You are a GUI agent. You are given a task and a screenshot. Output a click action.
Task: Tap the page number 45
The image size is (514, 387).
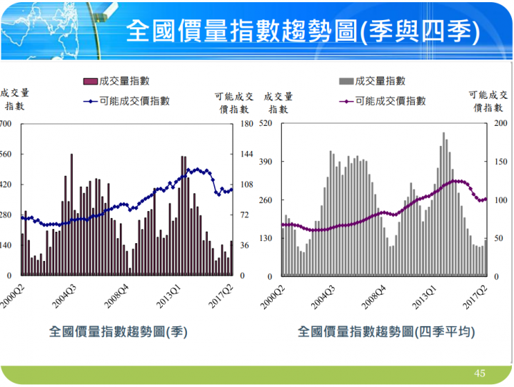[480, 373]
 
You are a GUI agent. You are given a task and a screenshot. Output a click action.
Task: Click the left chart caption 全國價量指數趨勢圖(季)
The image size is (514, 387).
[118, 332]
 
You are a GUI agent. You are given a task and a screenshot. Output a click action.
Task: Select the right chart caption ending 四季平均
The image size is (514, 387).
[386, 332]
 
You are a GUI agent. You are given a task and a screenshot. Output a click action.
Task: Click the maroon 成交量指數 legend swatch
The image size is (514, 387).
[90, 81]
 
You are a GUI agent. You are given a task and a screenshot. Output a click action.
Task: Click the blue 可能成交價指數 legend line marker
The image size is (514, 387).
[90, 101]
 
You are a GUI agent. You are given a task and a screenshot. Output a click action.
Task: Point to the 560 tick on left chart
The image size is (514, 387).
[6, 155]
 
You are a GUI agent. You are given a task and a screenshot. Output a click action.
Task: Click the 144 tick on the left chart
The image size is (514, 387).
[247, 155]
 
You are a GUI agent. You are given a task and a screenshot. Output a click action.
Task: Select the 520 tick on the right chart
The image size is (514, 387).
[267, 124]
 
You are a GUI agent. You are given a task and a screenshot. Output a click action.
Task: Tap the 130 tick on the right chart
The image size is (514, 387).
[267, 237]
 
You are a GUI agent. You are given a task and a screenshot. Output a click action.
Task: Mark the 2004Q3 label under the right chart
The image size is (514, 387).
[323, 294]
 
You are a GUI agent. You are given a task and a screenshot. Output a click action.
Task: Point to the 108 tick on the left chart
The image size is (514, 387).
[247, 185]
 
